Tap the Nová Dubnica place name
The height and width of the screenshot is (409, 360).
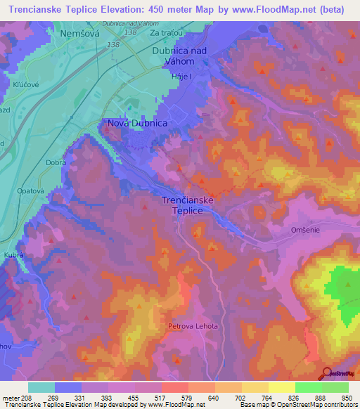137,123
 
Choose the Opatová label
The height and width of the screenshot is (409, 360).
31,191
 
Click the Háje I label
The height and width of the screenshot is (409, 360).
165,76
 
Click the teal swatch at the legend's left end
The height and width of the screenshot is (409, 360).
41,387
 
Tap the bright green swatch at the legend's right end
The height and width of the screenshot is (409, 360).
335,387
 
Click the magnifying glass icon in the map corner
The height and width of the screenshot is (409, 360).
326,372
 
